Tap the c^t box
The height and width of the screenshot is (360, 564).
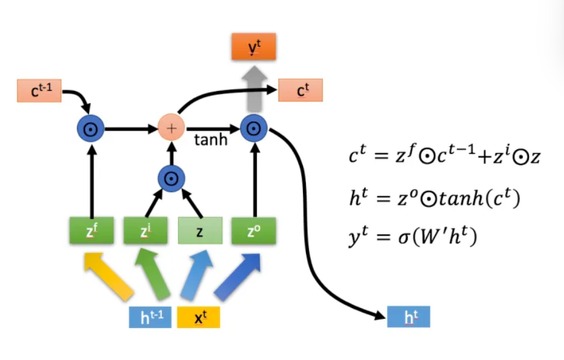click(x=300, y=91)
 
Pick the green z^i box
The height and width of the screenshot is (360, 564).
click(x=145, y=231)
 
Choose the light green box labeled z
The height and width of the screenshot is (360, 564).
click(x=200, y=231)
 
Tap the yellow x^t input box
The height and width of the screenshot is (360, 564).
click(x=198, y=317)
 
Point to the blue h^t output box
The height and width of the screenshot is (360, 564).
click(x=408, y=316)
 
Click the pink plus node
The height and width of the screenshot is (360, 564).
click(x=171, y=128)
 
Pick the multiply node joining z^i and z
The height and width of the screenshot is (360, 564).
click(x=171, y=178)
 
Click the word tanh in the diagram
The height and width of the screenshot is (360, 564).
click(x=211, y=140)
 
